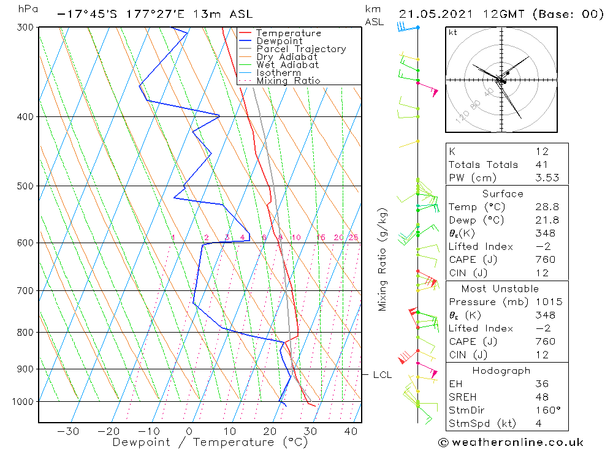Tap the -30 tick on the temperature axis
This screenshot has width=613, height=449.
click(x=67, y=431)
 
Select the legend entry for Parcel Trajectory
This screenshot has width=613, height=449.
click(x=301, y=49)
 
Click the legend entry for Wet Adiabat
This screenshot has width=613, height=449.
click(x=287, y=65)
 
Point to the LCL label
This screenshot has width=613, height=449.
click(x=383, y=375)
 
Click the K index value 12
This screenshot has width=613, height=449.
click(x=542, y=151)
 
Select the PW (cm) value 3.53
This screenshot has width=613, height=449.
click(x=545, y=178)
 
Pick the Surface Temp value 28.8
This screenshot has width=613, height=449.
click(x=545, y=207)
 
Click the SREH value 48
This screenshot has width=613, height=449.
click(x=542, y=397)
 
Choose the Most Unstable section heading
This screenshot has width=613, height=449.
click(x=500, y=289)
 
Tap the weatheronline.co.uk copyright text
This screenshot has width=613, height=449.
click(x=511, y=442)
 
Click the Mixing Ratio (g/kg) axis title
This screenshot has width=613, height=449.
click(x=383, y=259)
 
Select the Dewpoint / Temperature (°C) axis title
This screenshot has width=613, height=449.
click(x=201, y=442)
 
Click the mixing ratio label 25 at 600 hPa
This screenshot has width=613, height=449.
click(x=354, y=238)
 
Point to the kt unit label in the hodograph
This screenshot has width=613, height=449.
click(x=453, y=32)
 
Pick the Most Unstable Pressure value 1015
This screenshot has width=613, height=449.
click(x=545, y=302)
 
